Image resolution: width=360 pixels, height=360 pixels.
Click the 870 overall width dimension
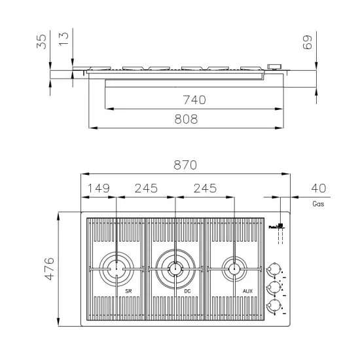(x=185, y=166)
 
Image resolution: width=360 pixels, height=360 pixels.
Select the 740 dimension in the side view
(x=194, y=99)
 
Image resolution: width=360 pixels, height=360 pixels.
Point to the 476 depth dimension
(x=49, y=269)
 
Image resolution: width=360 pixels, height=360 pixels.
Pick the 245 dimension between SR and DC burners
(x=146, y=188)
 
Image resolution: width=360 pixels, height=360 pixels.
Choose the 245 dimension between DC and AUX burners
(x=205, y=188)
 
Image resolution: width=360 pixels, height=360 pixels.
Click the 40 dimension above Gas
(x=319, y=188)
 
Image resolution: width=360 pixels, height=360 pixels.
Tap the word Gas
(x=318, y=204)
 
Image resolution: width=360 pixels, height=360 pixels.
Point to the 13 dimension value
(x=63, y=39)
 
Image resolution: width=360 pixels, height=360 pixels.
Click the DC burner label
(x=187, y=291)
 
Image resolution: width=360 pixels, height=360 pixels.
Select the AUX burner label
(x=247, y=291)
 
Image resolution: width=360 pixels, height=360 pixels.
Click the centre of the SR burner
(x=117, y=267)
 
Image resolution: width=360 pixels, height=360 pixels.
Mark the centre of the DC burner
(x=175, y=267)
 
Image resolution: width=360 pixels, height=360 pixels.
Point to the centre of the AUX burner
(x=233, y=267)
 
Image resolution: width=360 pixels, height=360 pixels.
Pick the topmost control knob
(x=274, y=270)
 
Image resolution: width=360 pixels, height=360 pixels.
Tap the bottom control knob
(x=274, y=306)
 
